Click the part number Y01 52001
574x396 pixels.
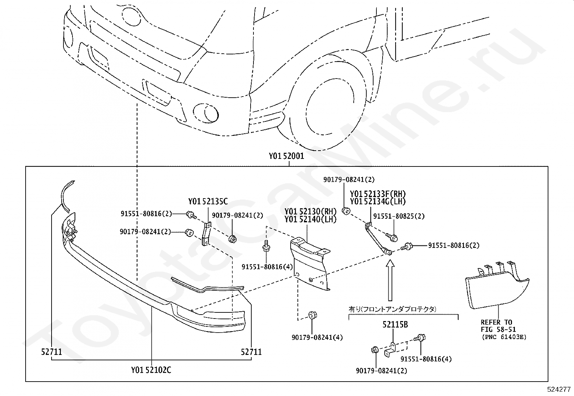click(x=286, y=156)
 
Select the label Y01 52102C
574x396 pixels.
click(x=151, y=370)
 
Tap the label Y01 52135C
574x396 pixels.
click(x=208, y=201)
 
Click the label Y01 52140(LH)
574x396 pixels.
click(x=310, y=219)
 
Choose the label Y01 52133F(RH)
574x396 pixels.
click(x=378, y=193)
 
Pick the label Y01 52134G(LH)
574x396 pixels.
click(x=378, y=201)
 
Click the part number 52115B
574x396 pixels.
click(x=395, y=325)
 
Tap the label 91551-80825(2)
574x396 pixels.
click(x=399, y=216)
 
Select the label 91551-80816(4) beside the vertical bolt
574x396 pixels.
click(x=267, y=267)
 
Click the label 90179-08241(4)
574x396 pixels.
click(x=317, y=338)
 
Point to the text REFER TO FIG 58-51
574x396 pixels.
click(x=498, y=326)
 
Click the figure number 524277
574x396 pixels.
click(x=559, y=389)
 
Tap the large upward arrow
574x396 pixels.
click(x=390, y=280)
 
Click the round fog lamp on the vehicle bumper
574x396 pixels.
click(x=206, y=113)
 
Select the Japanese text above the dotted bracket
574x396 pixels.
click(x=392, y=309)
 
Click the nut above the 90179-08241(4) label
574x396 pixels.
click(x=312, y=315)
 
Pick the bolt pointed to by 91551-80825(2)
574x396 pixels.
click(x=392, y=237)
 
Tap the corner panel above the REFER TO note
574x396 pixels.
click(x=497, y=286)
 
